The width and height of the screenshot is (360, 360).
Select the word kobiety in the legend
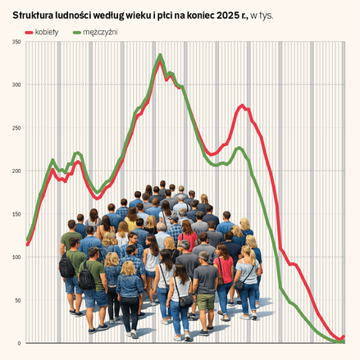tap(47, 32)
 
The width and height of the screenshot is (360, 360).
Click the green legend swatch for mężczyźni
tap(77, 33)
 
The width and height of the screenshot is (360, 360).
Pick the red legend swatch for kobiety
tap(29, 33)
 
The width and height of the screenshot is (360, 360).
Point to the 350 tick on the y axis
tap(16, 42)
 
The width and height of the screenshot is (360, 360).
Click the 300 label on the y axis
tap(16, 85)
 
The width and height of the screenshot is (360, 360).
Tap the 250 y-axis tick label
tap(16, 128)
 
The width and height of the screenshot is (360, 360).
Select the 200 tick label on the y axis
tap(16, 171)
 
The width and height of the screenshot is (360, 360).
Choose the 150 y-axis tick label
tap(16, 214)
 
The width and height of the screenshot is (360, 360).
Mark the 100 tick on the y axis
tap(16, 257)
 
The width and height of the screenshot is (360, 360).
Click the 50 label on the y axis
tap(17, 300)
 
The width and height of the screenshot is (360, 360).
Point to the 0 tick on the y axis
tap(19, 344)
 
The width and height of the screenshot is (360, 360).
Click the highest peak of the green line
tap(160, 55)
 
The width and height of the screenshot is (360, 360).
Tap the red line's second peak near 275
tap(242, 106)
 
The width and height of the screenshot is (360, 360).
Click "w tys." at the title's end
tap(262, 16)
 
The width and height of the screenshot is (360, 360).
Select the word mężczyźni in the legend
tap(100, 32)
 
